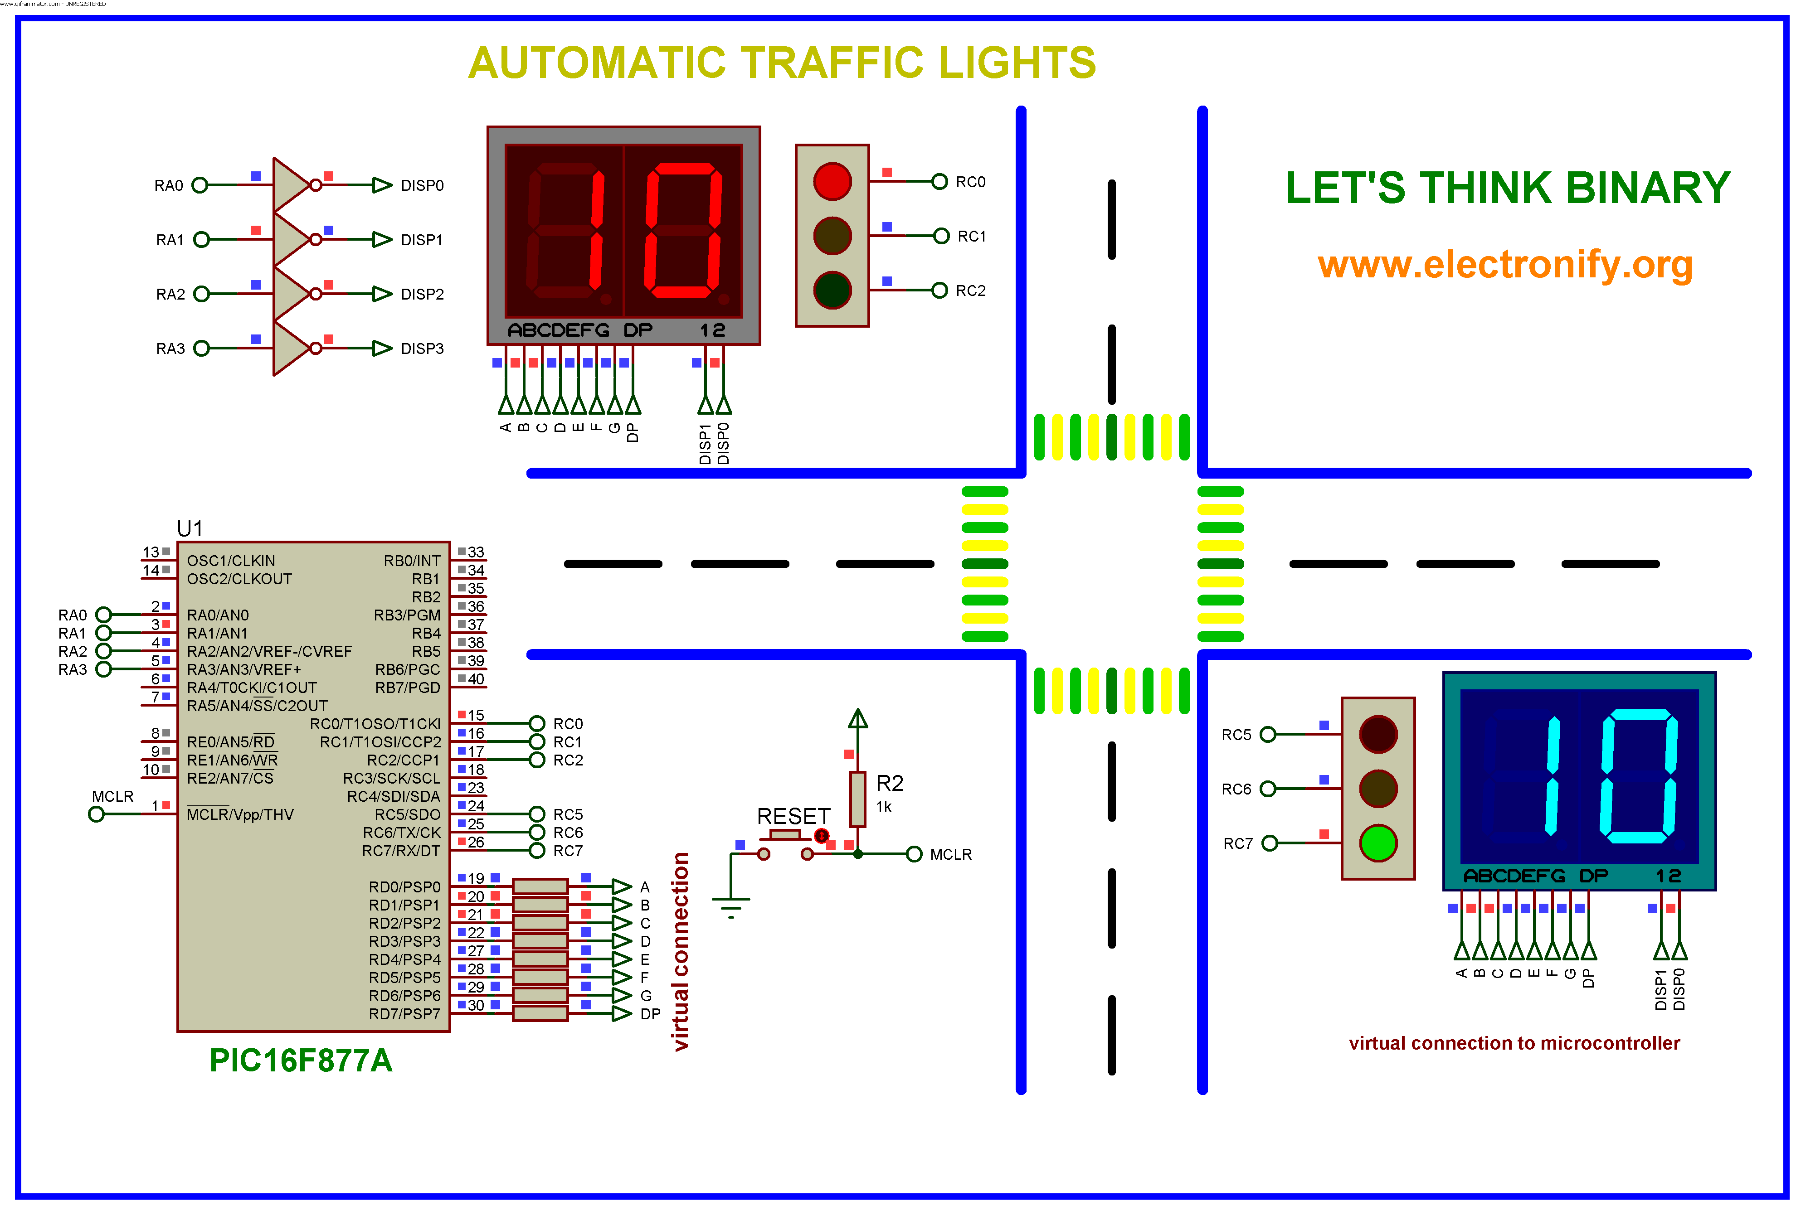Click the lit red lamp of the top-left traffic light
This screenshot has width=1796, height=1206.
click(832, 182)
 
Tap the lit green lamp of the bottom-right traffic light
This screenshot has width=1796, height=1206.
click(1377, 843)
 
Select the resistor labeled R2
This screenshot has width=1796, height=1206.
click(857, 799)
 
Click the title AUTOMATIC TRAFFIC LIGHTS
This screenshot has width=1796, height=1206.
click(782, 63)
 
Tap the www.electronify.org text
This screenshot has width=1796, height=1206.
click(1505, 265)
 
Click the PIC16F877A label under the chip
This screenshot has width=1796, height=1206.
click(301, 1060)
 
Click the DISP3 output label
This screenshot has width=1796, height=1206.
click(422, 349)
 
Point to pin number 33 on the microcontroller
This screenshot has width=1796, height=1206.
click(476, 552)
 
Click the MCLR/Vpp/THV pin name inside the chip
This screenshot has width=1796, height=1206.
click(240, 814)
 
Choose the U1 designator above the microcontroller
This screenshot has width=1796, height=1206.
click(189, 528)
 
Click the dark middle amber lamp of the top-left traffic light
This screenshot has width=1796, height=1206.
click(832, 235)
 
